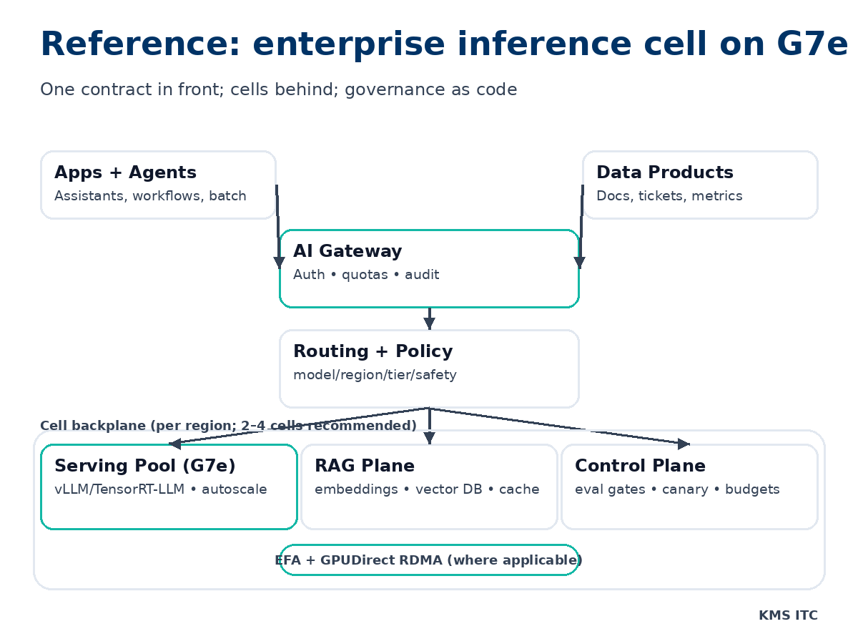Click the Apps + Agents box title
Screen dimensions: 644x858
[125, 172]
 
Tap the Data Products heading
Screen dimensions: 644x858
[664, 172]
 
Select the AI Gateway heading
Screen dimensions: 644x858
[347, 251]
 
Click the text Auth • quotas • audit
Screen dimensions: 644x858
[366, 275]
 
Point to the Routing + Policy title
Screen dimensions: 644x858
[373, 351]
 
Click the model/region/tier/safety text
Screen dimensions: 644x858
[375, 375]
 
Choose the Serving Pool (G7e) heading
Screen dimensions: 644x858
[145, 466]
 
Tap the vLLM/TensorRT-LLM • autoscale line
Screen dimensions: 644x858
[161, 489]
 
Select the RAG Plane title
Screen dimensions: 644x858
[365, 466]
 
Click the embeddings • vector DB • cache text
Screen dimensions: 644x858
[427, 489]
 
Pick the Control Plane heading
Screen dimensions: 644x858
[640, 466]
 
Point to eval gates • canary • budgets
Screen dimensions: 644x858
[677, 489]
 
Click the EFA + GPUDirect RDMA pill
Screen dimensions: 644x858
[429, 560]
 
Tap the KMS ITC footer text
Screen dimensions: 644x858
[788, 615]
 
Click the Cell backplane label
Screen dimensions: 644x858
[228, 426]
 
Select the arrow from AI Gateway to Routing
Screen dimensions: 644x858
[429, 318]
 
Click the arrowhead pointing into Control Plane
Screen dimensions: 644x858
[683, 444]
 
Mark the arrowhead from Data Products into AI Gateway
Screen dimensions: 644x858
[580, 263]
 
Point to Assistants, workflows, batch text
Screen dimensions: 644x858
[150, 196]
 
